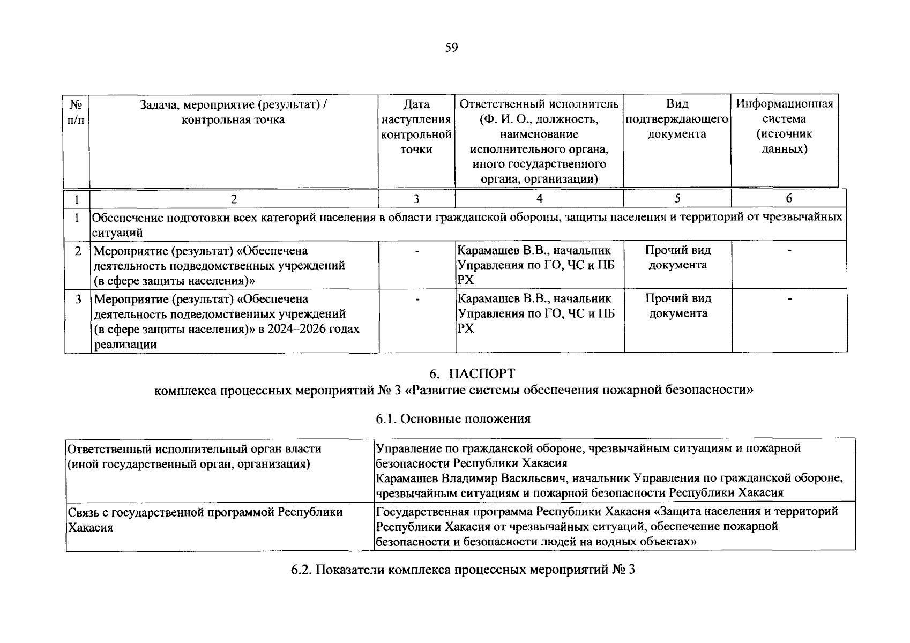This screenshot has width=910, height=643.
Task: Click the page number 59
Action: click(451, 48)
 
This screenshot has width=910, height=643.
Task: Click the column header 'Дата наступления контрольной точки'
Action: click(416, 126)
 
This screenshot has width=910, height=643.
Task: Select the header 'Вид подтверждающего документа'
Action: click(677, 118)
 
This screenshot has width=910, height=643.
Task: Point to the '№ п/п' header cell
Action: click(77, 111)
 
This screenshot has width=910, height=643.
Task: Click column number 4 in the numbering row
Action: click(539, 199)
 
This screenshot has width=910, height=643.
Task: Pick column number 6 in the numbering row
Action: click(789, 199)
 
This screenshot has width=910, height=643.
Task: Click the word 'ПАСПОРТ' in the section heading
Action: click(482, 373)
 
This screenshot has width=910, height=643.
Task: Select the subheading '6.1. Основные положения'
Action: click(453, 419)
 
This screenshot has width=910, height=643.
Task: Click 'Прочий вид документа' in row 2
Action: click(678, 257)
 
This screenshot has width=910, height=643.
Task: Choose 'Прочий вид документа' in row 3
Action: click(678, 305)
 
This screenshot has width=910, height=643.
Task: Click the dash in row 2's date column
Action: click(416, 251)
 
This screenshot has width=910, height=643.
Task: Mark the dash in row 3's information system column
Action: click(789, 298)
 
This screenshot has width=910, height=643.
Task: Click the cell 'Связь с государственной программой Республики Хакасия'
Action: click(205, 519)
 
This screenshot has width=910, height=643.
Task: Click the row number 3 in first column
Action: click(78, 299)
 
